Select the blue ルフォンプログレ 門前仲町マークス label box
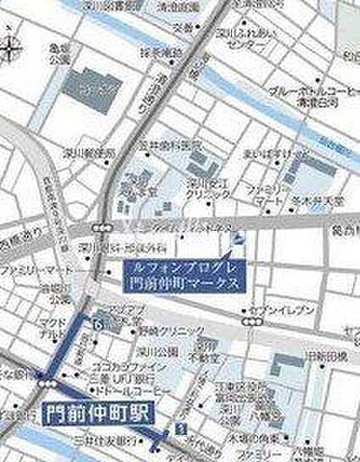tap(187, 276)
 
